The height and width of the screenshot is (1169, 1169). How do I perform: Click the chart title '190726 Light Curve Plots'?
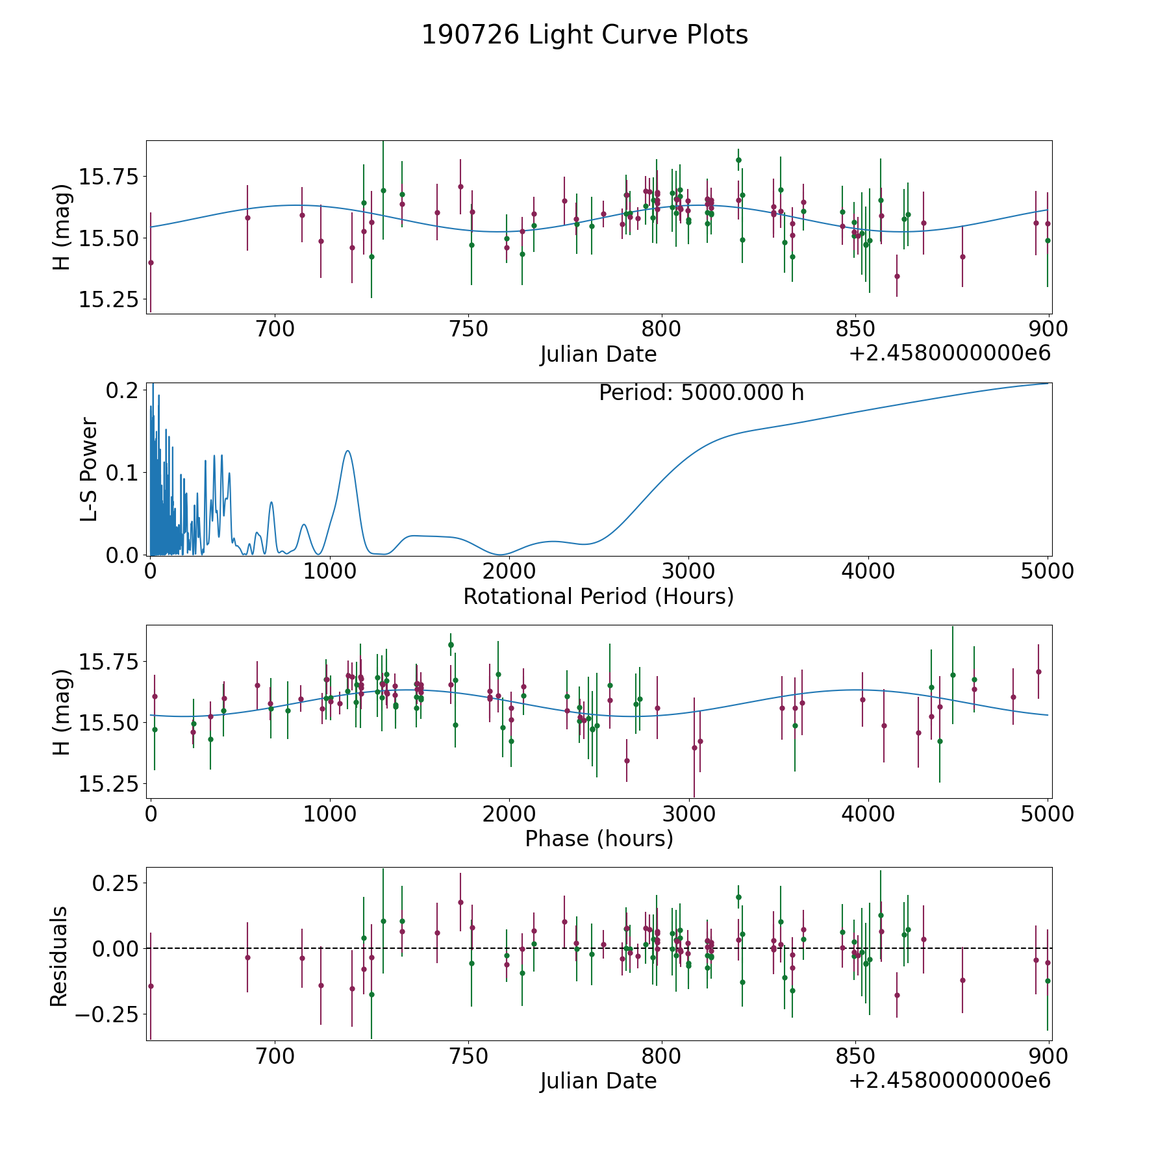[584, 35]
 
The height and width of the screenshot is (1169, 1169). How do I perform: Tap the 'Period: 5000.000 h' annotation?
[701, 393]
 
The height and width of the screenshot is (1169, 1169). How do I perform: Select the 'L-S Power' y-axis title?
[89, 469]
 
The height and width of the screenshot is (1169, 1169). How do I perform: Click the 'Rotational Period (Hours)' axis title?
[598, 596]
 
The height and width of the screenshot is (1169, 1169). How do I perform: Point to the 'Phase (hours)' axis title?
[598, 838]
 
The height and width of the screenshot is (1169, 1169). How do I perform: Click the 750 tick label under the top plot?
[468, 329]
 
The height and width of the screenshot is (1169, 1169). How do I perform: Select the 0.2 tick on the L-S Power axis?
[123, 390]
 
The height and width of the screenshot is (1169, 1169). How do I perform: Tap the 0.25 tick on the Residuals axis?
[114, 883]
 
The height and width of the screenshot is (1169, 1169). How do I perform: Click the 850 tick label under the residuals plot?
[855, 1057]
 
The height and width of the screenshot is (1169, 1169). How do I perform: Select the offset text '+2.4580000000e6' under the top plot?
[949, 354]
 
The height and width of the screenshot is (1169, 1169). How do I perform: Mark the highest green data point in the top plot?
[738, 160]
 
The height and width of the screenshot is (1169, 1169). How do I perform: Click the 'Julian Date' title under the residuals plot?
[598, 1081]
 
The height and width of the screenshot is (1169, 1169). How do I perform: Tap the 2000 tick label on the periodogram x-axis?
[509, 572]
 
